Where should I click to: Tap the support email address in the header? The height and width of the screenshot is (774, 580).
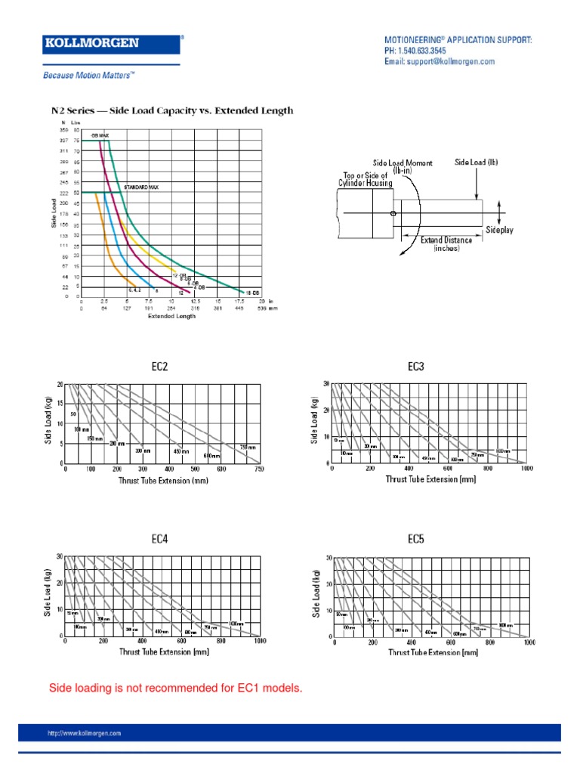point(440,61)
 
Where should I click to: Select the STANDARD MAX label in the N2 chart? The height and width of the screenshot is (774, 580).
point(141,187)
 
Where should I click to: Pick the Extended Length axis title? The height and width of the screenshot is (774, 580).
point(171,316)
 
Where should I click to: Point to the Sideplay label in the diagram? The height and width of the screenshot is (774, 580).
point(499,229)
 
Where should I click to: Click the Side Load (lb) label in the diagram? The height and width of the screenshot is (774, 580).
point(477,162)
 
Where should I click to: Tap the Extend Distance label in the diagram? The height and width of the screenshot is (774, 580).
point(446,240)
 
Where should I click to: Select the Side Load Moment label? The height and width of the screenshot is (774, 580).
point(403,163)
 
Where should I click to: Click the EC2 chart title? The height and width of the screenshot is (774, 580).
point(160,367)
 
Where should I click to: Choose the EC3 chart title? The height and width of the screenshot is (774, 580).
point(416,367)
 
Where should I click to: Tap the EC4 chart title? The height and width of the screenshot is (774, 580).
point(160,539)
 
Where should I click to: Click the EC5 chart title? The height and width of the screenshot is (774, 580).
point(416,539)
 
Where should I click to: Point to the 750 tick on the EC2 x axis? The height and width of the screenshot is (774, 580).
point(259,469)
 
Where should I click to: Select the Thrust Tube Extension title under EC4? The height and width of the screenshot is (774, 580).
point(163,652)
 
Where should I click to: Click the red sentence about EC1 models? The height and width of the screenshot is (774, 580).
point(175,688)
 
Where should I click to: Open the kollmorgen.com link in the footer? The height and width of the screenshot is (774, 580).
point(84,733)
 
